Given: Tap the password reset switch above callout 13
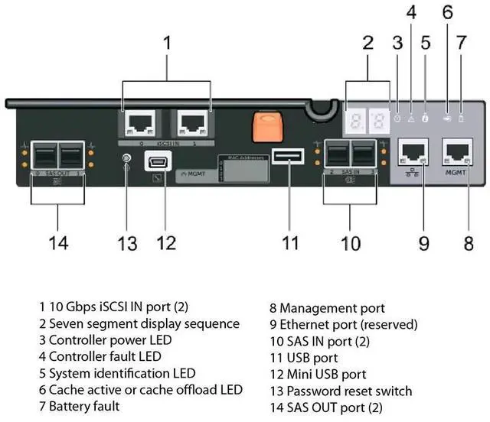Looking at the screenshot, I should tap(126, 160).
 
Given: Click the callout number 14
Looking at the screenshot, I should tap(58, 243).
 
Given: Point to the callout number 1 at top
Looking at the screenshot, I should tap(168, 42).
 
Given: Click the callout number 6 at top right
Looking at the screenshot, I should tap(447, 13).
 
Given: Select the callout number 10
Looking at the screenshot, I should tap(351, 243).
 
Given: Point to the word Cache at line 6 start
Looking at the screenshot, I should tap(67, 389).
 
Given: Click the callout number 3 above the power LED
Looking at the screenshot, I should tap(397, 43).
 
